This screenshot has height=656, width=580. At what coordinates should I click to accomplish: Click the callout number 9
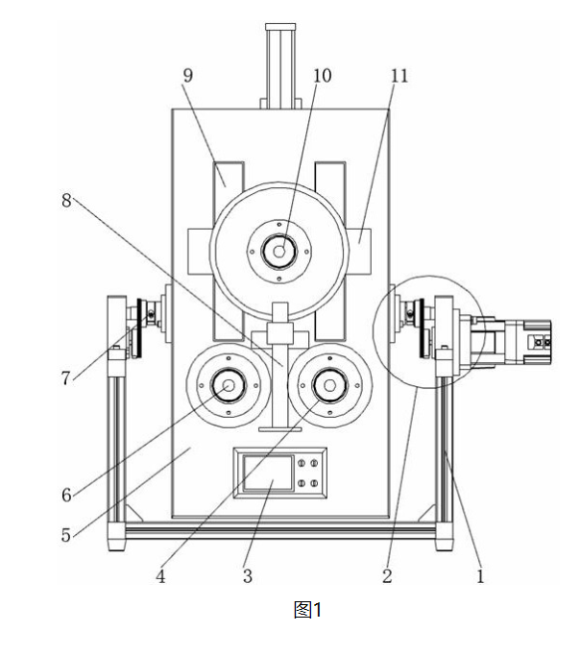tap(188, 76)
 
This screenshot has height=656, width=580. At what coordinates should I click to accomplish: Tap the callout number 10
tap(323, 76)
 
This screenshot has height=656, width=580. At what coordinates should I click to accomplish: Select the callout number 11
tap(399, 76)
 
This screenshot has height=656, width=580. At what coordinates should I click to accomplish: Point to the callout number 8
tap(66, 201)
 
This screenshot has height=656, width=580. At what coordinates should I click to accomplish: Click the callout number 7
tap(65, 378)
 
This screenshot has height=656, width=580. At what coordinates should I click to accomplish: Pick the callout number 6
tap(66, 495)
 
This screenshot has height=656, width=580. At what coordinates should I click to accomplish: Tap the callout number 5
tap(66, 535)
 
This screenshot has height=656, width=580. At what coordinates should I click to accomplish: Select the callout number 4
tap(160, 576)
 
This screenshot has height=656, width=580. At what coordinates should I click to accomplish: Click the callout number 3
tap(248, 576)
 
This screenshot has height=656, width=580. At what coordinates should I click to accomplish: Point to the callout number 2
tap(387, 576)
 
